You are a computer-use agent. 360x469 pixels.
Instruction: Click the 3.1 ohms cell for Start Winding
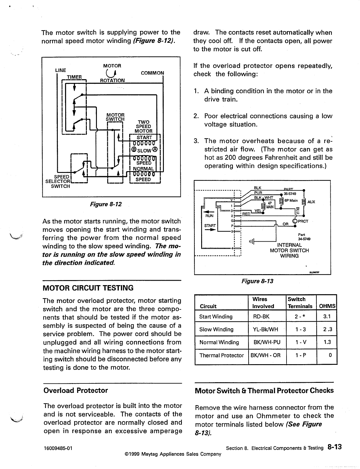point(327,317)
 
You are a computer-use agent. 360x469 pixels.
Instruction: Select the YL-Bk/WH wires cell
point(265,329)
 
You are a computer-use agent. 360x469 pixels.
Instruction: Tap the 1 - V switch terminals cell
point(300,342)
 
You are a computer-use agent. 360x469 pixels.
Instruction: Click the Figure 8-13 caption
point(257,281)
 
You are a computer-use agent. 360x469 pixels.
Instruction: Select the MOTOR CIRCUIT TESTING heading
point(88,288)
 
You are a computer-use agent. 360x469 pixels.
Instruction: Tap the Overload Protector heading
point(76,390)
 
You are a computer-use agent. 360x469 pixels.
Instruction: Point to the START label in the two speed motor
point(144,137)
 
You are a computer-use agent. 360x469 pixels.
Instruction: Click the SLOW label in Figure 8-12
point(143,149)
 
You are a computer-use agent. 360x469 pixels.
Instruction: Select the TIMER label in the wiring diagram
point(74,77)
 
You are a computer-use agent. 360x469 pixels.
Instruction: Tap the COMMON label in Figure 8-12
point(152,73)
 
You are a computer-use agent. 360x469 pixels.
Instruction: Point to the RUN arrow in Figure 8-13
point(209,212)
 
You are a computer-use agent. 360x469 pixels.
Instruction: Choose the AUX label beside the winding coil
point(311,202)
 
